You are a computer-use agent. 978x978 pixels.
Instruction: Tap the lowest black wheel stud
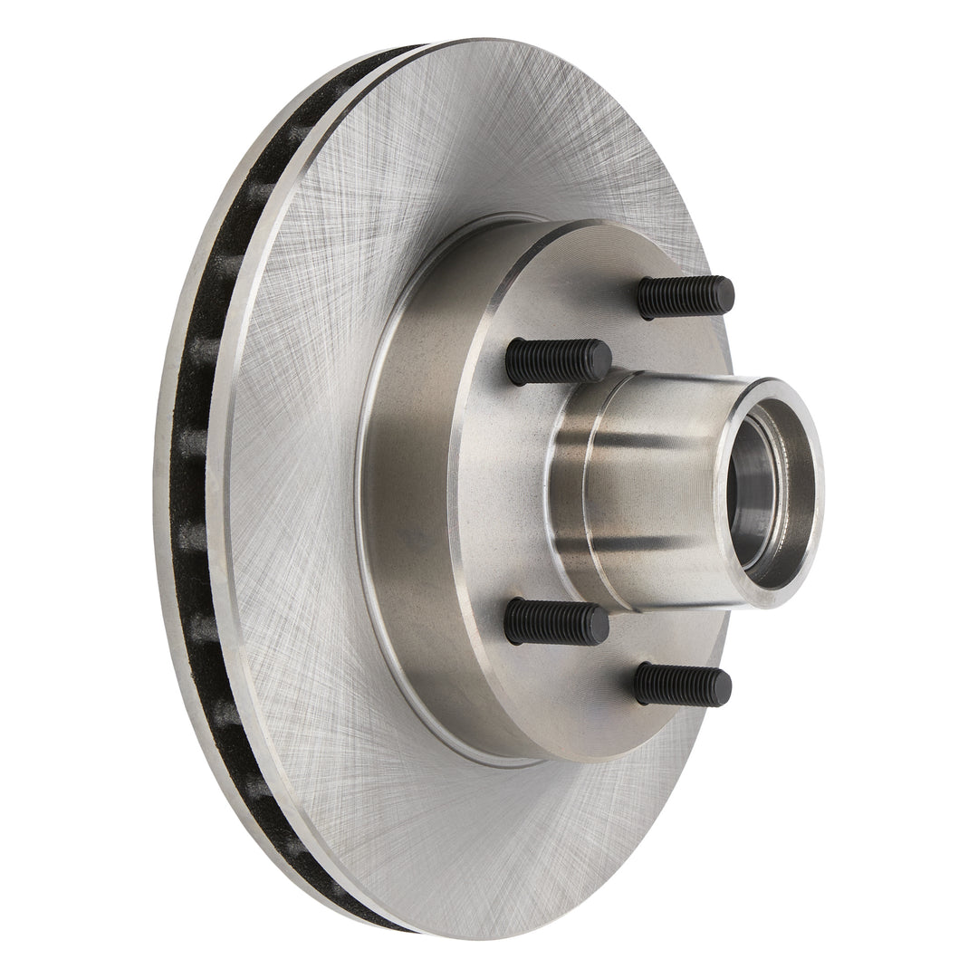(681, 685)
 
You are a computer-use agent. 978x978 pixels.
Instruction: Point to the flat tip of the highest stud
(724, 294)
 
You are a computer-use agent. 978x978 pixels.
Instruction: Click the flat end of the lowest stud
(722, 687)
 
